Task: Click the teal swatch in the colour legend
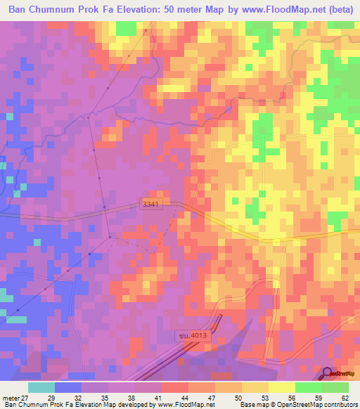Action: point(41,387)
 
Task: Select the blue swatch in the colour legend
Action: point(68,387)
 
